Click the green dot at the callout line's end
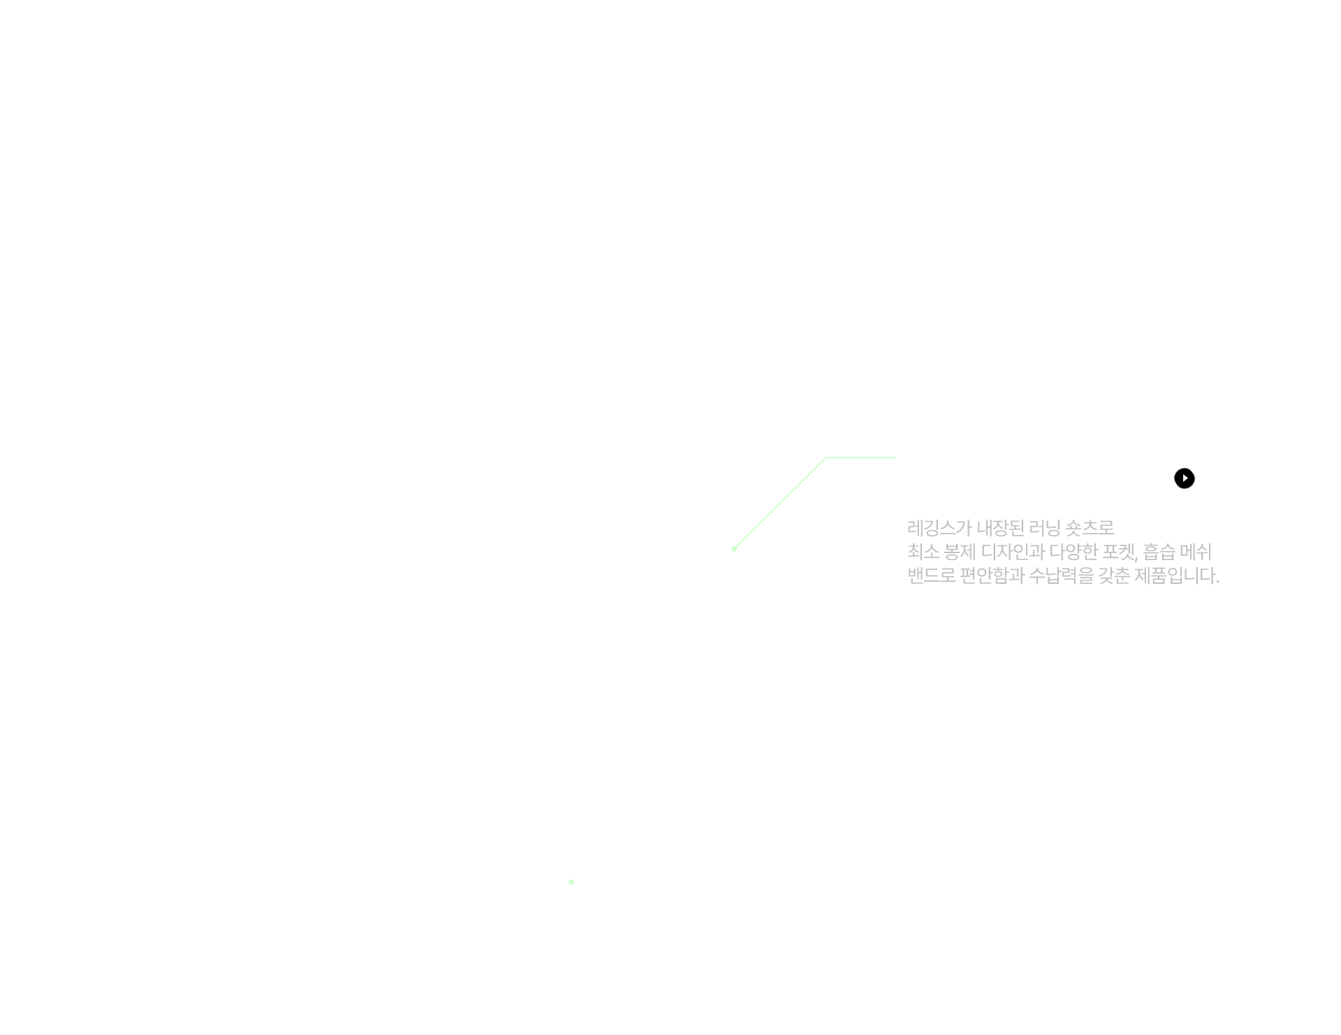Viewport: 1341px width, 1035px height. (x=734, y=549)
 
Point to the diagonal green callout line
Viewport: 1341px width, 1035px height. (x=780, y=504)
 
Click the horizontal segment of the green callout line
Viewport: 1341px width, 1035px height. (x=861, y=458)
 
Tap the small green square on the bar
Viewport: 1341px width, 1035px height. (x=571, y=881)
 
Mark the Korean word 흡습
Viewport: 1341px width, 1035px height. (x=1159, y=552)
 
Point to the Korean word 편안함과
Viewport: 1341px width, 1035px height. (x=992, y=576)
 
